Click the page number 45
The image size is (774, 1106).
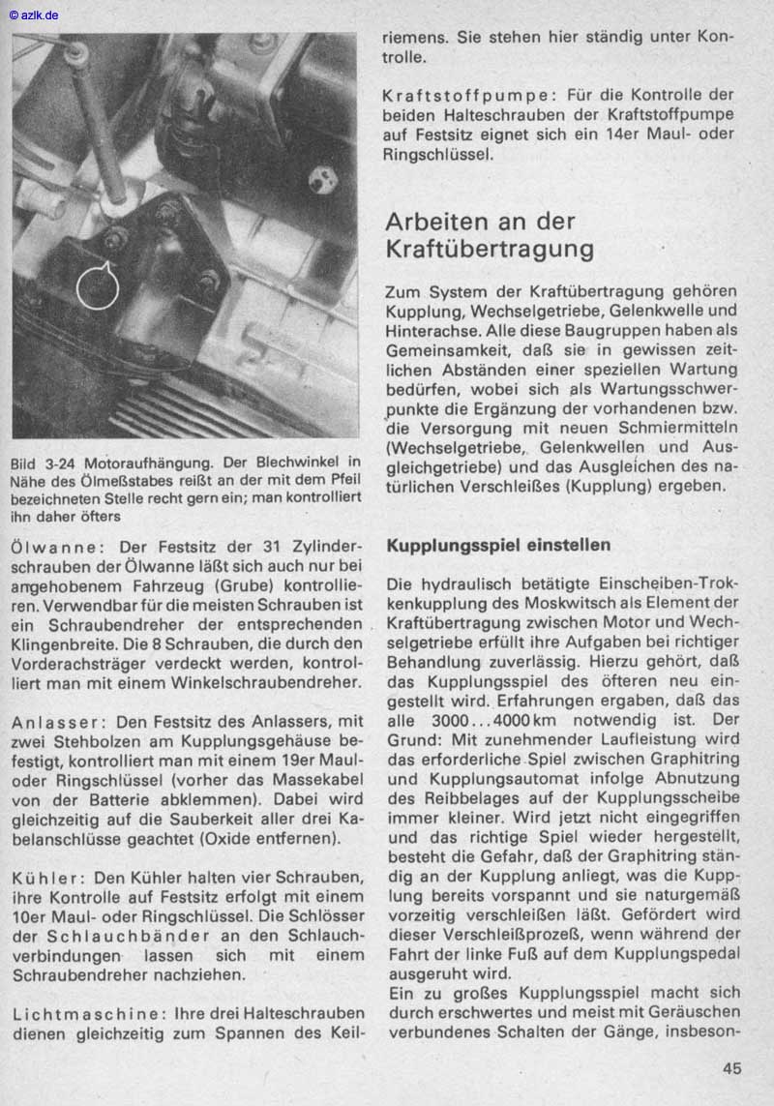(x=731, y=1069)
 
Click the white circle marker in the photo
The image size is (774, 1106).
(x=97, y=286)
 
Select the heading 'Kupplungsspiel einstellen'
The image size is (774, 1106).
(x=498, y=546)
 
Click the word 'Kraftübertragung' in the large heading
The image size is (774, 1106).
(x=490, y=249)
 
